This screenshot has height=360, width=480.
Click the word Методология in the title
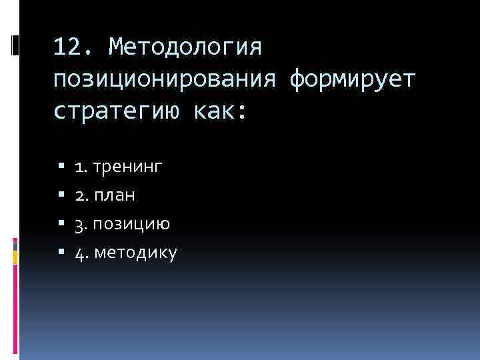click(187, 48)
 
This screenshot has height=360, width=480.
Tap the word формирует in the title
click(353, 79)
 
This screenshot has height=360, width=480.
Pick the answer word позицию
click(131, 224)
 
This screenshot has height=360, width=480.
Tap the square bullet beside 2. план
click(61, 195)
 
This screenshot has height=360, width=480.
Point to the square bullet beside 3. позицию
click(61, 224)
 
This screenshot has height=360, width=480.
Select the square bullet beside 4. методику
click(61, 253)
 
